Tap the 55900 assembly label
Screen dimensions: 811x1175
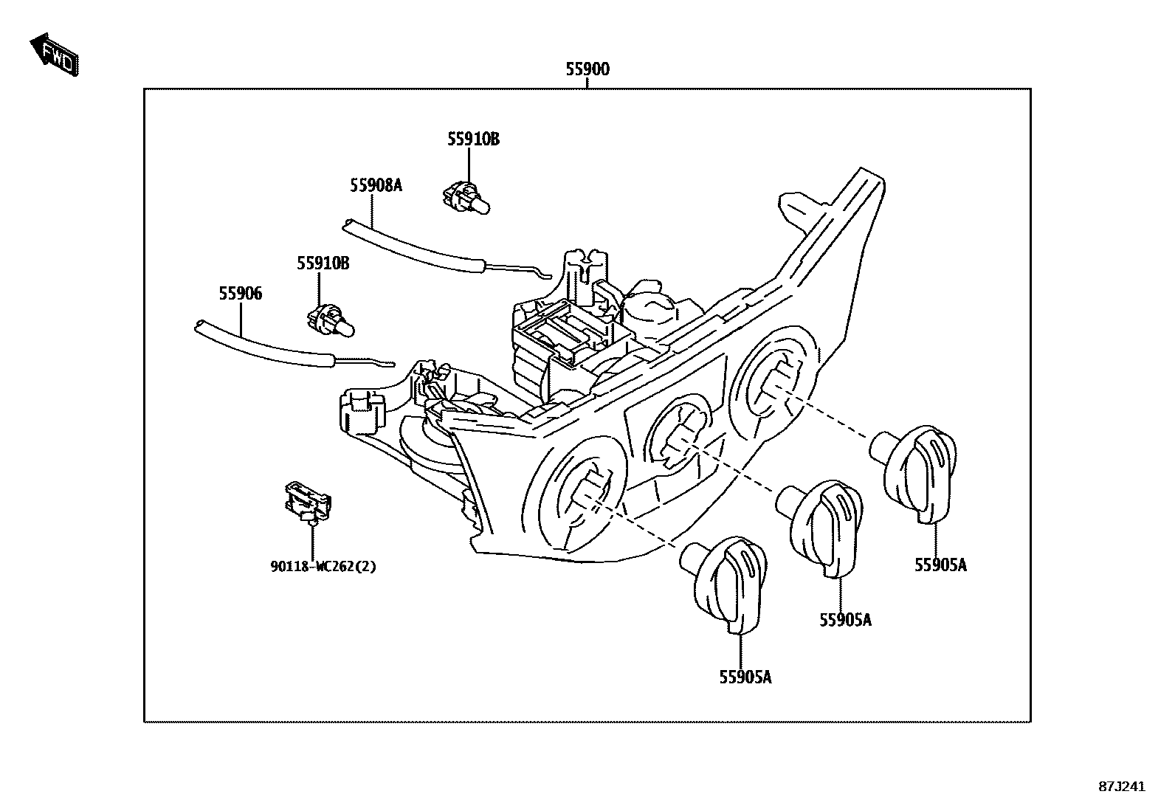(x=587, y=69)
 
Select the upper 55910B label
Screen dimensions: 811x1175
(x=472, y=139)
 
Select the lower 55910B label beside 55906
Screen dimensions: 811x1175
(x=323, y=263)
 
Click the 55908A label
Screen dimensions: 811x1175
(x=376, y=185)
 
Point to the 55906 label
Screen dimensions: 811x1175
(x=240, y=294)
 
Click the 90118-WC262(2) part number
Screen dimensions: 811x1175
(x=323, y=567)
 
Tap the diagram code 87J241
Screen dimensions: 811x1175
(x=1121, y=787)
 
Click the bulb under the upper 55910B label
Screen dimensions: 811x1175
(x=466, y=199)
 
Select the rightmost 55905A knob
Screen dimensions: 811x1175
(x=918, y=472)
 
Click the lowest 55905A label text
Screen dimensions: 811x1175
(x=745, y=677)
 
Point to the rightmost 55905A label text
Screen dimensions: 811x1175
(x=940, y=565)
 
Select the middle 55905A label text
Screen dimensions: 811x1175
(x=844, y=620)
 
